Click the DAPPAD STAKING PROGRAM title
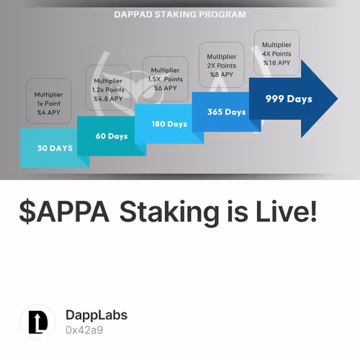tap(180, 14)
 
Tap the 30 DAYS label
tap(55, 148)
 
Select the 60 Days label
tap(112, 136)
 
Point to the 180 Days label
tap(169, 123)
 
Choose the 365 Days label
tap(226, 112)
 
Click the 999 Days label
tap(289, 99)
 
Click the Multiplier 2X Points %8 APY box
tap(221, 65)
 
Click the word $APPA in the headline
tap(65, 212)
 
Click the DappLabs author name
tap(96, 315)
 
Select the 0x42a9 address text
tap(84, 330)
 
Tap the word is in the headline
tap(229, 212)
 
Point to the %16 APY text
tap(276, 63)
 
